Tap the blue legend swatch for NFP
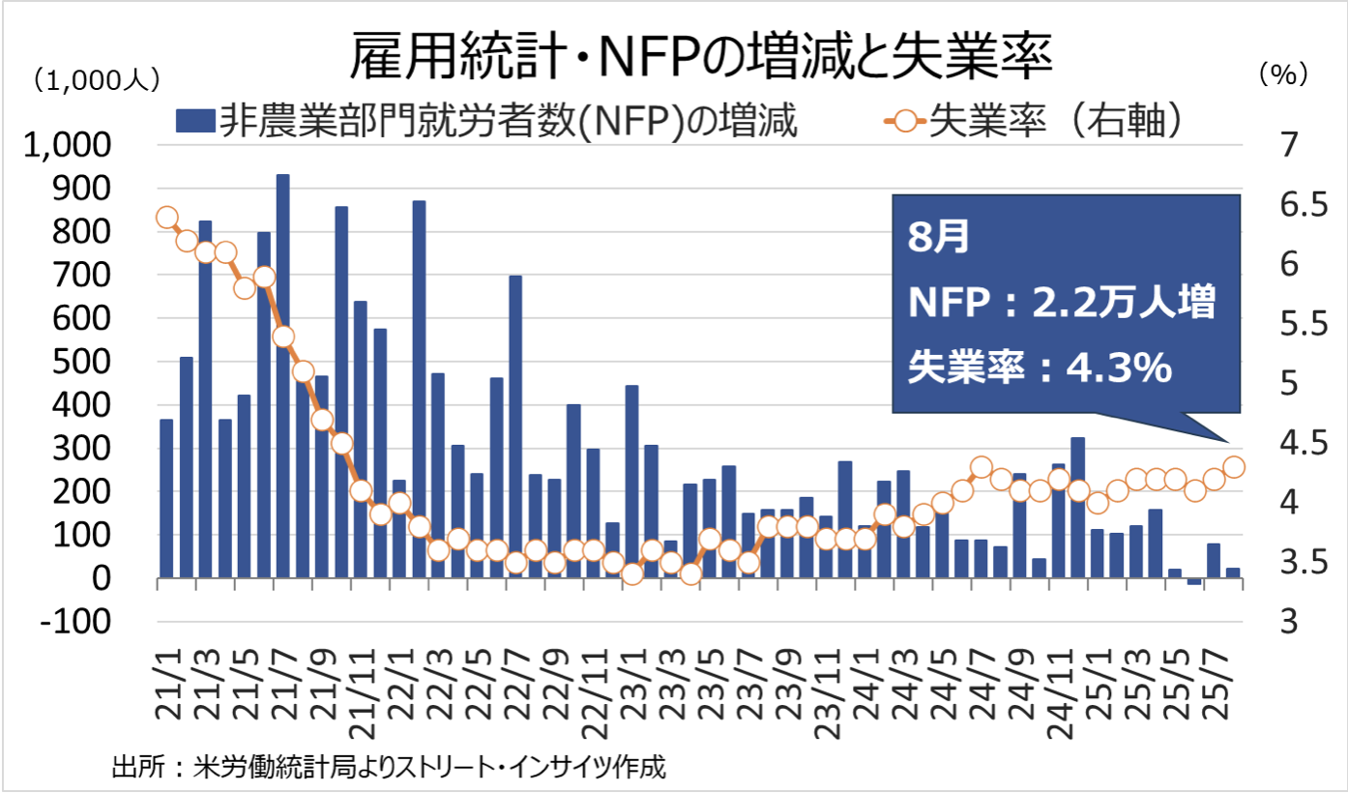[x=193, y=122]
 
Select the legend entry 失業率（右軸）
[x=1035, y=122]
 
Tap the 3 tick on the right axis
[x=1281, y=621]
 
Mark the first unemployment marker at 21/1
[x=166, y=217]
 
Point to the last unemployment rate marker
[x=1234, y=467]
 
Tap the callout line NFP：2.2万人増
[x=1060, y=303]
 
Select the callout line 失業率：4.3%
[x=1040, y=367]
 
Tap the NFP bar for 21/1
[x=166, y=498]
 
